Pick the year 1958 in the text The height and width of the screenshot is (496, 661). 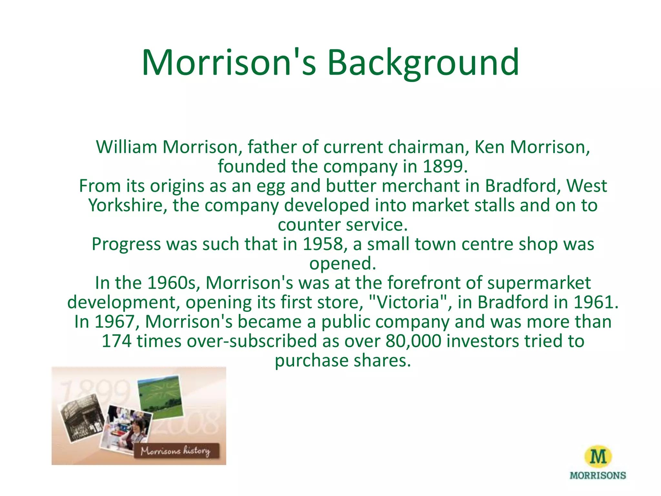pos(323,244)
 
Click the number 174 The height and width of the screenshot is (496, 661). pos(116,341)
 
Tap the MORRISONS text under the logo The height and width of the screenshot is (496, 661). pos(598,476)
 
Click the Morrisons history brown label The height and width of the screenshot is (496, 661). pos(176,451)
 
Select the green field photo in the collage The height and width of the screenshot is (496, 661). pos(160,397)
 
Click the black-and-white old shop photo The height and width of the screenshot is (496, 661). pos(82,418)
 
